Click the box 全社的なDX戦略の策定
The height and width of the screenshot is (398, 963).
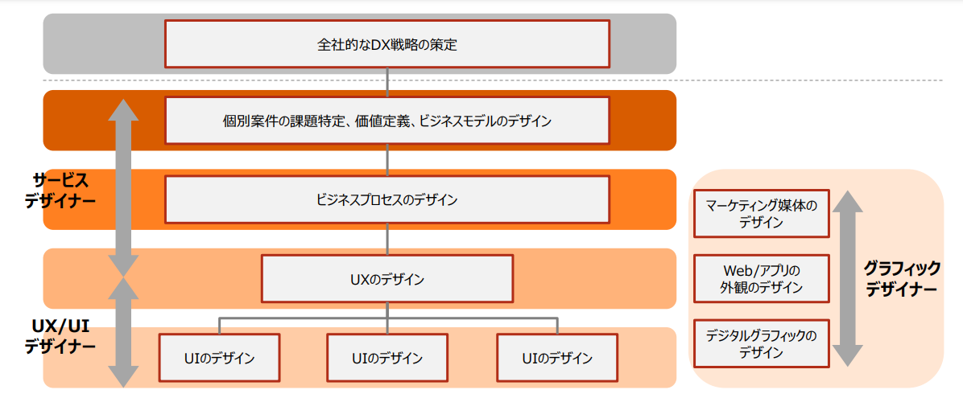pos(387,43)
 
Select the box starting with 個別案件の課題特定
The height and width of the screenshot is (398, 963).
pos(387,120)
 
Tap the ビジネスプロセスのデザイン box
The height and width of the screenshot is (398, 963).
pos(387,199)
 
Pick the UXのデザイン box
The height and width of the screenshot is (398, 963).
pos(387,279)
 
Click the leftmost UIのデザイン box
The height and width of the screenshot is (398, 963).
pos(219,358)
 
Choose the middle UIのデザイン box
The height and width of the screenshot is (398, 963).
pos(387,358)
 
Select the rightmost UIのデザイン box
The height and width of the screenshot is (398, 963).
pos(557,358)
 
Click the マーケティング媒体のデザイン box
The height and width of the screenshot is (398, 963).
pos(761,214)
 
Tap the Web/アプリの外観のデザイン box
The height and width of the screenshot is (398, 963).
pos(761,278)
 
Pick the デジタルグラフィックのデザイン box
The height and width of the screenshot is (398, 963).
pos(761,344)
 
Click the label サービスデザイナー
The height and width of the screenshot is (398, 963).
pos(60,191)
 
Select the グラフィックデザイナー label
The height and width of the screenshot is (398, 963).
pos(901,278)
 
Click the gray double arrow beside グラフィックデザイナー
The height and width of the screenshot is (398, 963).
pos(847,278)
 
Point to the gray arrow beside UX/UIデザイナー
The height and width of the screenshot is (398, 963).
pos(123,332)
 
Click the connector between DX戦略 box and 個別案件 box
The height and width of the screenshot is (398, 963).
pos(387,82)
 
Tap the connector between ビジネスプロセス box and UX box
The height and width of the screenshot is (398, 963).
pos(387,240)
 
